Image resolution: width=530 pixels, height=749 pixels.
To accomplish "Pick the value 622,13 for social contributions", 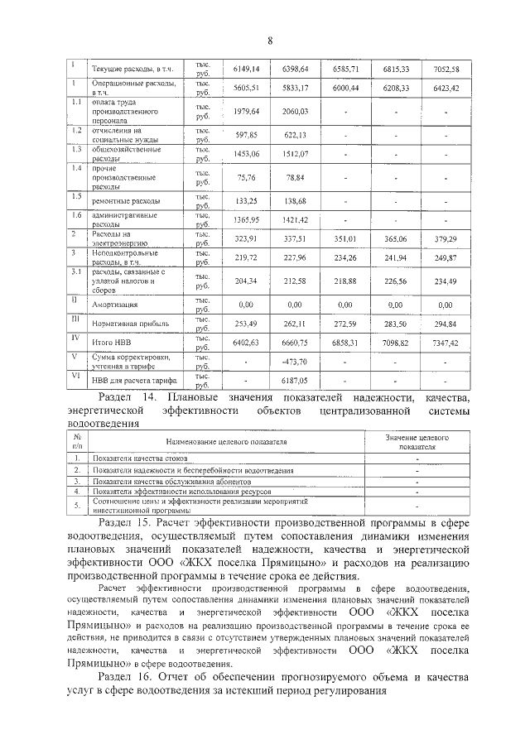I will [x=296, y=135].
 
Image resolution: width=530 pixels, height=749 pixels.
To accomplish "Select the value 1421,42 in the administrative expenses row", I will [x=296, y=220].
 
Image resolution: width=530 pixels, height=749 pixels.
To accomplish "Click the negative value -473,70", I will [x=296, y=362].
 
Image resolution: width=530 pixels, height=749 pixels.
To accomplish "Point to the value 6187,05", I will [x=296, y=381].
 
